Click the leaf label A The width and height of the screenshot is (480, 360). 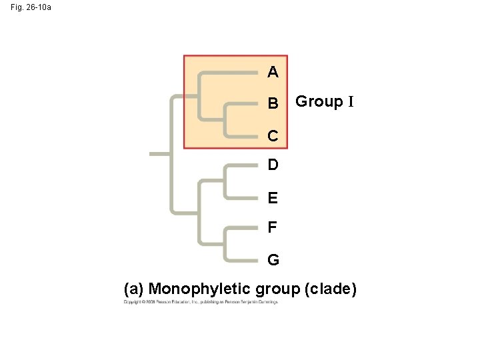pyautogui.click(x=273, y=71)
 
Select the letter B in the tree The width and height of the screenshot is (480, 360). pyautogui.click(x=273, y=104)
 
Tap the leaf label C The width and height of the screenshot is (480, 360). pyautogui.click(x=273, y=136)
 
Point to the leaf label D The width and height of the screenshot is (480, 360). pyautogui.click(x=273, y=164)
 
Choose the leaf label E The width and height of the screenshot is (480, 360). pyautogui.click(x=273, y=198)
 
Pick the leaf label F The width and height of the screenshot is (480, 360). pyautogui.click(x=272, y=228)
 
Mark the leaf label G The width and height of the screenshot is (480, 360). pyautogui.click(x=273, y=259)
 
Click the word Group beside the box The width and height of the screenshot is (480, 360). pyautogui.click(x=319, y=101)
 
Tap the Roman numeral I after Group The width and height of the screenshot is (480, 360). pyautogui.click(x=349, y=101)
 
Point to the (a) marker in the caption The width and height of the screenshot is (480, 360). pyautogui.click(x=134, y=289)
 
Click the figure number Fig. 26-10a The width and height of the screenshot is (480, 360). pyautogui.click(x=30, y=8)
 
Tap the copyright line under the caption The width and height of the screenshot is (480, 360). pyautogui.click(x=200, y=303)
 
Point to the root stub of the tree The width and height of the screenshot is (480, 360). pyautogui.click(x=161, y=153)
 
